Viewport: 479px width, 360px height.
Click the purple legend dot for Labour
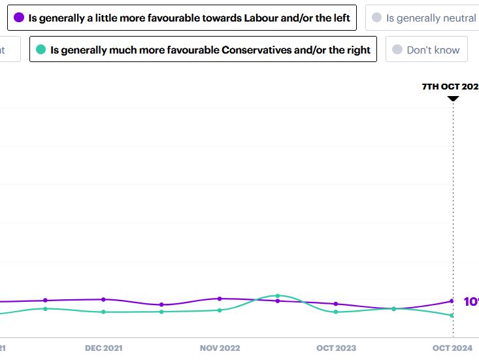pyautogui.click(x=19, y=18)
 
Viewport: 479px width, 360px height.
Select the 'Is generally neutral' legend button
pyautogui.click(x=423, y=18)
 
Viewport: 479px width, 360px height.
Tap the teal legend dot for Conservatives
pyautogui.click(x=41, y=50)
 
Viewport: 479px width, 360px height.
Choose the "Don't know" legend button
pyautogui.click(x=426, y=50)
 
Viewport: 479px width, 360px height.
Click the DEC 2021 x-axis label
pyautogui.click(x=103, y=348)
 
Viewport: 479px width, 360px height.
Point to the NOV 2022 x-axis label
pyautogui.click(x=220, y=348)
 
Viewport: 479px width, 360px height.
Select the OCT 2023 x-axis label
pyautogui.click(x=336, y=348)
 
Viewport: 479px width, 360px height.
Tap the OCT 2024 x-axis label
pyautogui.click(x=452, y=348)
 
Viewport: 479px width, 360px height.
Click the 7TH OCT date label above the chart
pyautogui.click(x=450, y=86)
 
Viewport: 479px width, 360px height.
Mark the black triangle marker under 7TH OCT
pyautogui.click(x=453, y=99)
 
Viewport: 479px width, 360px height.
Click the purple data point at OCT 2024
pyautogui.click(x=452, y=301)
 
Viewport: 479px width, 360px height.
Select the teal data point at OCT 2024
pyautogui.click(x=452, y=316)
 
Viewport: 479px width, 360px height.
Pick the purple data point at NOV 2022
pyautogui.click(x=220, y=299)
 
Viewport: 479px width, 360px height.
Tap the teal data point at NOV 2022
pyautogui.click(x=220, y=310)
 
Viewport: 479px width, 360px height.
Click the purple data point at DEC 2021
pyautogui.click(x=103, y=299)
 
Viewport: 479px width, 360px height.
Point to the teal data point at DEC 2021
pyautogui.click(x=103, y=312)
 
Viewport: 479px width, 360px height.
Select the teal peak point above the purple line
pyautogui.click(x=278, y=296)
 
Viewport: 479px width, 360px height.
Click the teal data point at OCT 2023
pyautogui.click(x=336, y=312)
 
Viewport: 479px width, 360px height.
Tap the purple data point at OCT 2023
pyautogui.click(x=336, y=304)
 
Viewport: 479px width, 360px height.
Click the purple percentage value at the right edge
pyautogui.click(x=471, y=302)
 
